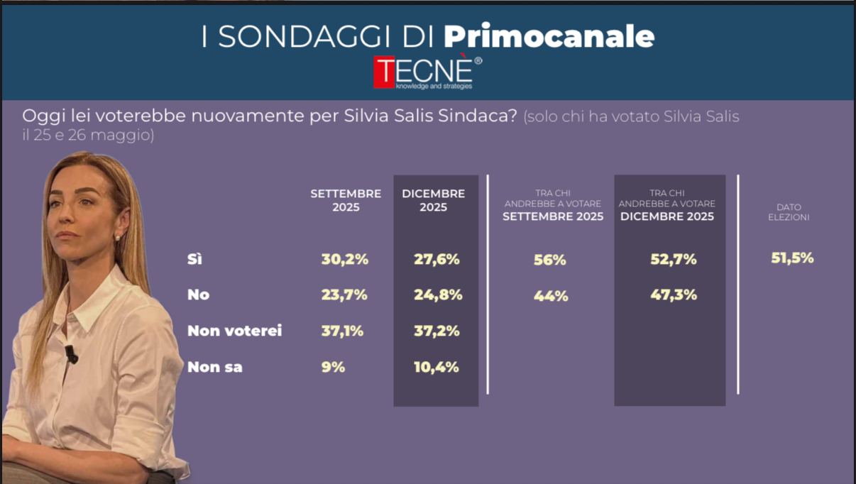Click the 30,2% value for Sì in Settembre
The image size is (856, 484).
point(345,260)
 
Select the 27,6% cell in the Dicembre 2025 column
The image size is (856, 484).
point(437,260)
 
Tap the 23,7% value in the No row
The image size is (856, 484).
point(344,295)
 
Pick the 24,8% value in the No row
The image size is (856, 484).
point(437,295)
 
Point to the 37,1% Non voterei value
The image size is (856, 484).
point(342,331)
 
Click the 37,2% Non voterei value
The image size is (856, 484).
point(437,331)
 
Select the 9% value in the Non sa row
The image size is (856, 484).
point(333,367)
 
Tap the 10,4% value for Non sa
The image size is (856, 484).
point(436,367)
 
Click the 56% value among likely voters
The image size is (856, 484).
point(550,260)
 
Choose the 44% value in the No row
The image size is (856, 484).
point(551,297)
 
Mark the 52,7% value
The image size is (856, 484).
point(674,260)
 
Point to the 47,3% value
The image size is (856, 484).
point(674,295)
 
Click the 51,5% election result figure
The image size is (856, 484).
point(792,258)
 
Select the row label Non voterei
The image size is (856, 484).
point(234,331)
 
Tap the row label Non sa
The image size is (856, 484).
point(214,367)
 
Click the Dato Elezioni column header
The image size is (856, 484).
point(789,212)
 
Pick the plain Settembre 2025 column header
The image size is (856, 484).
point(346,200)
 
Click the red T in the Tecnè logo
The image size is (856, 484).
point(385,72)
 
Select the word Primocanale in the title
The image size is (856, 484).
point(549,37)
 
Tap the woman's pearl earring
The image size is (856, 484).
point(118,238)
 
